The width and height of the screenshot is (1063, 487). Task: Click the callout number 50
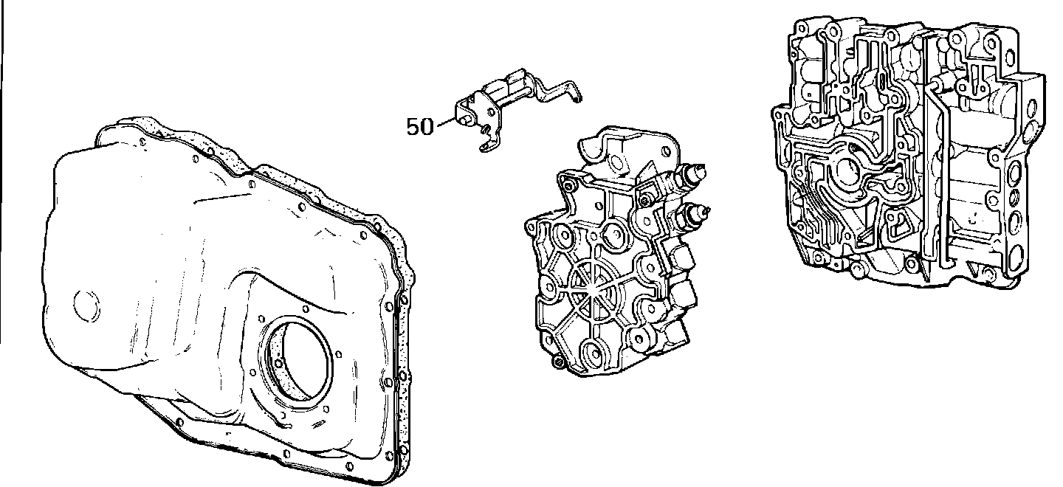[420, 127]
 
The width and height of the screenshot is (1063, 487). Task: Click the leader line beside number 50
[445, 122]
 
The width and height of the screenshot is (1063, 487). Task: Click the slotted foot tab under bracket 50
[489, 145]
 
